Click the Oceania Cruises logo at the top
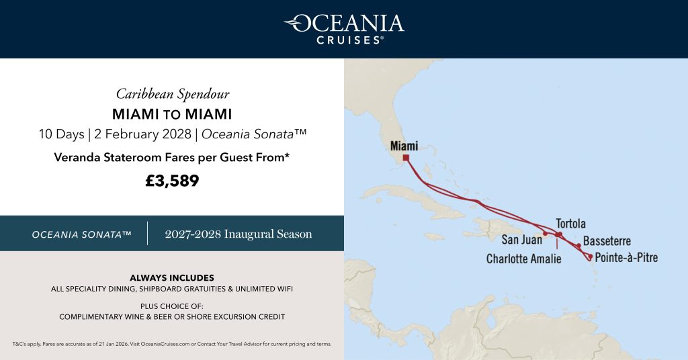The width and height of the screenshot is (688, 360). (343, 28)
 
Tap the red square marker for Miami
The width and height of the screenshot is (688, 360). (406, 159)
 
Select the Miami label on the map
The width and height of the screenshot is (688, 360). (404, 146)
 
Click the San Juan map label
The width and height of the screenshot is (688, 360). (523, 239)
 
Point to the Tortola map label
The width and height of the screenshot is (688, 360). (570, 224)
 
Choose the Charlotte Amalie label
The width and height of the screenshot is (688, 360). (523, 259)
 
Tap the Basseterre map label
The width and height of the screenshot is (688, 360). (607, 241)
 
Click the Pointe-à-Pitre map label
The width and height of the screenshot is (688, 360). (626, 257)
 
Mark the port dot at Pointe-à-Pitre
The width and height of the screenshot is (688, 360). (590, 256)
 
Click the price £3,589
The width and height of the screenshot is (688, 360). (172, 181)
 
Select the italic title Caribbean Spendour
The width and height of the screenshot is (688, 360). (172, 93)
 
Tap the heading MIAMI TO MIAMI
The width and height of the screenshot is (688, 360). (172, 114)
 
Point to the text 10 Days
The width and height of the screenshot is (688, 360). (61, 134)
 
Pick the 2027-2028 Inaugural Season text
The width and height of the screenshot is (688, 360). (239, 234)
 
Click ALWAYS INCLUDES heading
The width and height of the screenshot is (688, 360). (172, 277)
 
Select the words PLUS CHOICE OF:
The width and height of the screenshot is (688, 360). (172, 306)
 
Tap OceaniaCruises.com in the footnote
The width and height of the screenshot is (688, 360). (165, 344)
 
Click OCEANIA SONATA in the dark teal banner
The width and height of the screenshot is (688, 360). (81, 234)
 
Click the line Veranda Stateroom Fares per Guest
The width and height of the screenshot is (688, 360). (172, 158)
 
